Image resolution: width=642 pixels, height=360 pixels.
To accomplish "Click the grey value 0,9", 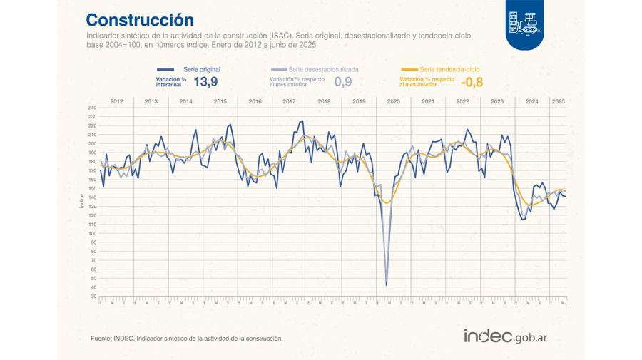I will (343, 82).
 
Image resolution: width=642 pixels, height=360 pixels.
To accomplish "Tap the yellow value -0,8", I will (473, 82).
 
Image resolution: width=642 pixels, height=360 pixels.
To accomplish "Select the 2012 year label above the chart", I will (116, 101).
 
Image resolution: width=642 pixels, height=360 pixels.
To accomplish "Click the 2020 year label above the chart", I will (393, 101).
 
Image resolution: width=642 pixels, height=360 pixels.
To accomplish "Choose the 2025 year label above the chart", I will (559, 101).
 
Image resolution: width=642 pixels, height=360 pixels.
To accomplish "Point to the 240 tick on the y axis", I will (92, 108).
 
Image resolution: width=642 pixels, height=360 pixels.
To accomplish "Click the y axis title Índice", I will (82, 201).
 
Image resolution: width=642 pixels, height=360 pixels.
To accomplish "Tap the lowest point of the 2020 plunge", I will (387, 284).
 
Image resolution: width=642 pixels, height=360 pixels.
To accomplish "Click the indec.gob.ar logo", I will (510, 336).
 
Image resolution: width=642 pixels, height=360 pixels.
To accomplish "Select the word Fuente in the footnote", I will (101, 338).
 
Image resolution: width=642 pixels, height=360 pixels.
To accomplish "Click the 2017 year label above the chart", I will (289, 101).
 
